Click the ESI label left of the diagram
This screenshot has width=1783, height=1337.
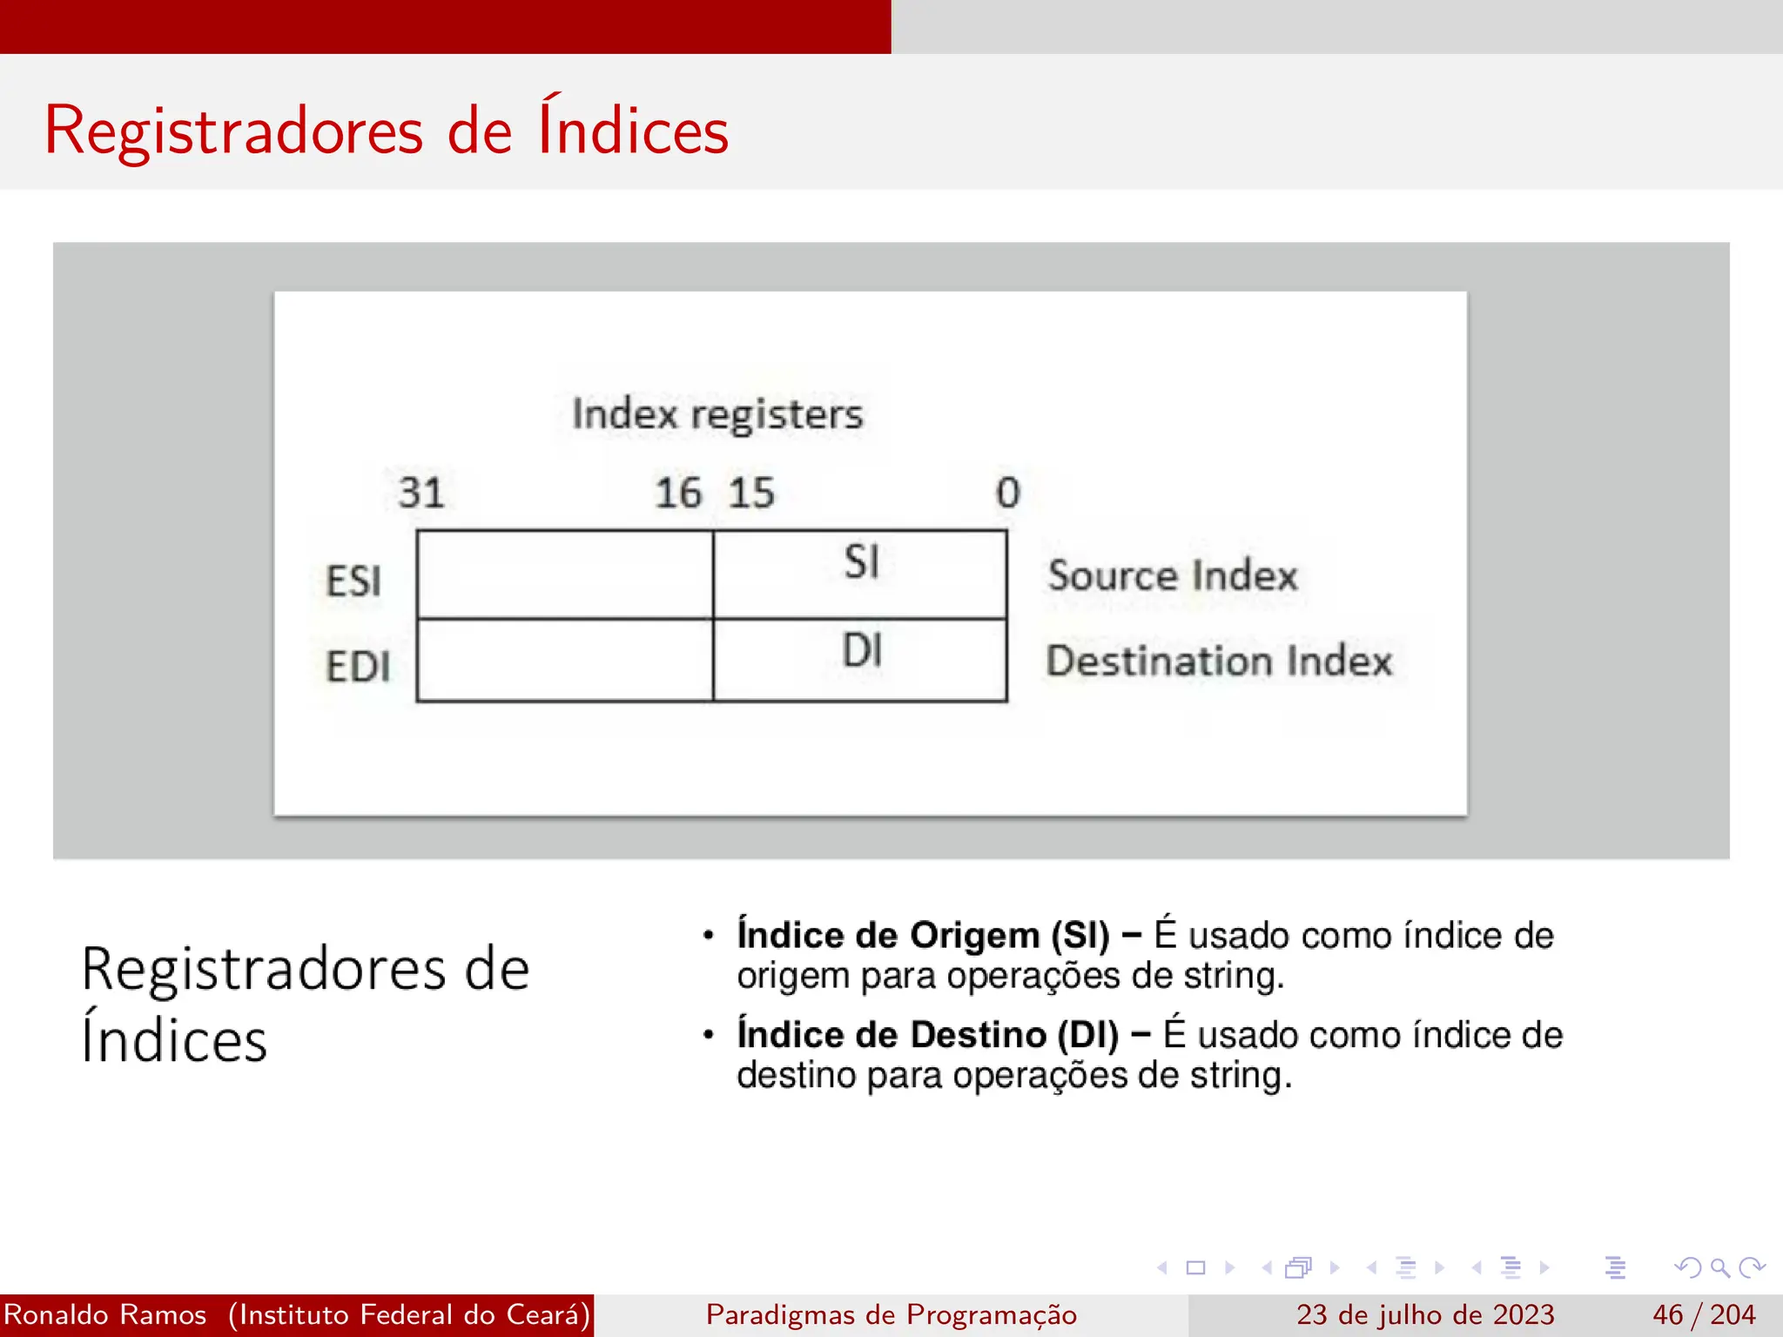(x=353, y=581)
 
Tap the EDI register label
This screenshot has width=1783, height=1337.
(x=358, y=667)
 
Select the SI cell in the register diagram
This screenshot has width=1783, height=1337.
(x=860, y=574)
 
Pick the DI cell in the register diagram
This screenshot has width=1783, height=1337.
(x=860, y=659)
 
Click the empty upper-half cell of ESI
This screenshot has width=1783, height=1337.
(x=564, y=574)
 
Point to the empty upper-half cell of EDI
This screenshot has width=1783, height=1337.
(x=564, y=660)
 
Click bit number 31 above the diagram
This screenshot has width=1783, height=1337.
(x=421, y=493)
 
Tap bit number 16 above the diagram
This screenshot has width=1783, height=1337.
(x=678, y=493)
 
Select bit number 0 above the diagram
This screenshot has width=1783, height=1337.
(x=1007, y=493)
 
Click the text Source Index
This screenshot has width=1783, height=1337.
(x=1172, y=575)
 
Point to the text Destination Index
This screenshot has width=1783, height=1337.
(x=1219, y=661)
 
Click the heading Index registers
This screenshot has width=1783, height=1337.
(x=717, y=413)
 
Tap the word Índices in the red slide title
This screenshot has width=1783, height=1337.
(x=633, y=131)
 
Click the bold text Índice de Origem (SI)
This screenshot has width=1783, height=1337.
(x=923, y=935)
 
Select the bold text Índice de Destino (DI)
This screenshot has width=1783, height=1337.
(x=927, y=1035)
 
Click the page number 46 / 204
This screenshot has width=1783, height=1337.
(x=1703, y=1314)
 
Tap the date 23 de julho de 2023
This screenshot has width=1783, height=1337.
(x=1424, y=1314)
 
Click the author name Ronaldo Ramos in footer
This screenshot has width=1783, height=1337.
(x=105, y=1314)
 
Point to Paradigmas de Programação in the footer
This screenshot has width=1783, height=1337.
(x=891, y=1314)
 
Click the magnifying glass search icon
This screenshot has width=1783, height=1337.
(x=1719, y=1267)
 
